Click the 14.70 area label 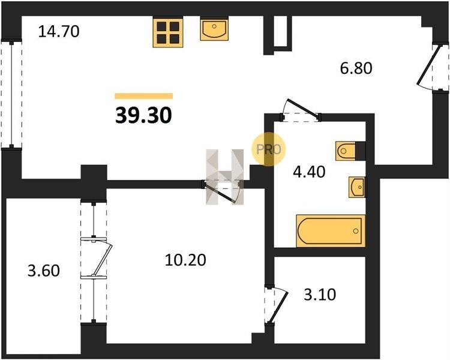click(x=59, y=32)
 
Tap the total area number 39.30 click(x=143, y=116)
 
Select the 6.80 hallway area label click(x=356, y=68)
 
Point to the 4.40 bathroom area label click(x=309, y=172)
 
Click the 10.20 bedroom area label click(x=185, y=260)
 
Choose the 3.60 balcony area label click(x=44, y=271)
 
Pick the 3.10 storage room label click(x=320, y=295)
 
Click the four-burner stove click(x=168, y=32)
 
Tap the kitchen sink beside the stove click(x=214, y=29)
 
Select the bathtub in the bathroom click(x=331, y=231)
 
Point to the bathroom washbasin click(x=357, y=187)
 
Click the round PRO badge click(x=269, y=149)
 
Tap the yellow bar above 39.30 click(x=144, y=96)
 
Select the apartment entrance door click(x=432, y=68)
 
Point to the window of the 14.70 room click(x=11, y=94)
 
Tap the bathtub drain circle click(x=356, y=231)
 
